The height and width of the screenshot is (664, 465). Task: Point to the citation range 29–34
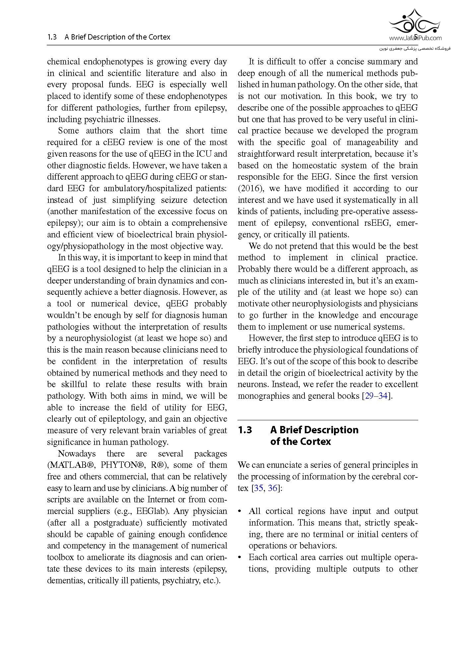point(376,396)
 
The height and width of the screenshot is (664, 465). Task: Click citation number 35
point(259,488)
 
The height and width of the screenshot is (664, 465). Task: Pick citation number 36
point(272,488)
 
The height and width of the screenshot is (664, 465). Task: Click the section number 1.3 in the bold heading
point(245,430)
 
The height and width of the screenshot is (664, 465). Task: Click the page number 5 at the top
point(416,37)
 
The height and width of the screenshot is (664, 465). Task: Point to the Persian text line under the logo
point(415,48)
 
